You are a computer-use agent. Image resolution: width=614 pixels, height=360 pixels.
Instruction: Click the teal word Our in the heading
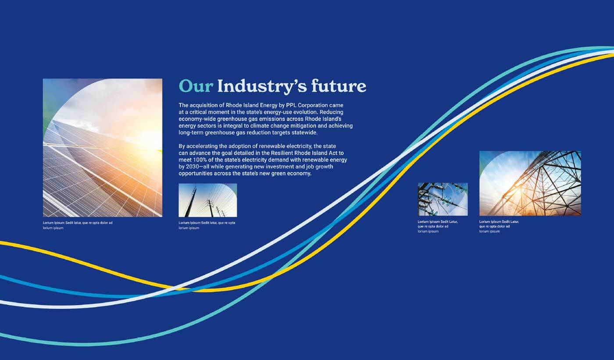[196, 86]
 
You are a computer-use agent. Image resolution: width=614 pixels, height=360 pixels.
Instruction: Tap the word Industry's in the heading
[262, 86]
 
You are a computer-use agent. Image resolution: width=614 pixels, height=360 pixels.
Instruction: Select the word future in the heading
[339, 86]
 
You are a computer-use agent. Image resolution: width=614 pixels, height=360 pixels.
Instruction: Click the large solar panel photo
[103, 148]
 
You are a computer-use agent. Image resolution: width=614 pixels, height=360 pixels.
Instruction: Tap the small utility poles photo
[208, 200]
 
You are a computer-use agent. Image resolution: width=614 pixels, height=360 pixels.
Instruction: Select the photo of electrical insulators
[443, 199]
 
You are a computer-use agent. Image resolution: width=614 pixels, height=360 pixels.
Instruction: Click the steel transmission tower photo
[530, 183]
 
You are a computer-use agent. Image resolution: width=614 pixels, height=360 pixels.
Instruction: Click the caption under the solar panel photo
[78, 225]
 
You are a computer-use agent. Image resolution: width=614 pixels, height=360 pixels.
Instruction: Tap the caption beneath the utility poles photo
[207, 225]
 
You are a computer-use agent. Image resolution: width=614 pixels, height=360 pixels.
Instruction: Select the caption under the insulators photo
[438, 226]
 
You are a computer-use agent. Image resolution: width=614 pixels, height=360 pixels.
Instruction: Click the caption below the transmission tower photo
[499, 226]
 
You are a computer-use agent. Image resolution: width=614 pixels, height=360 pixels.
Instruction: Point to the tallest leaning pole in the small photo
[191, 201]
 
